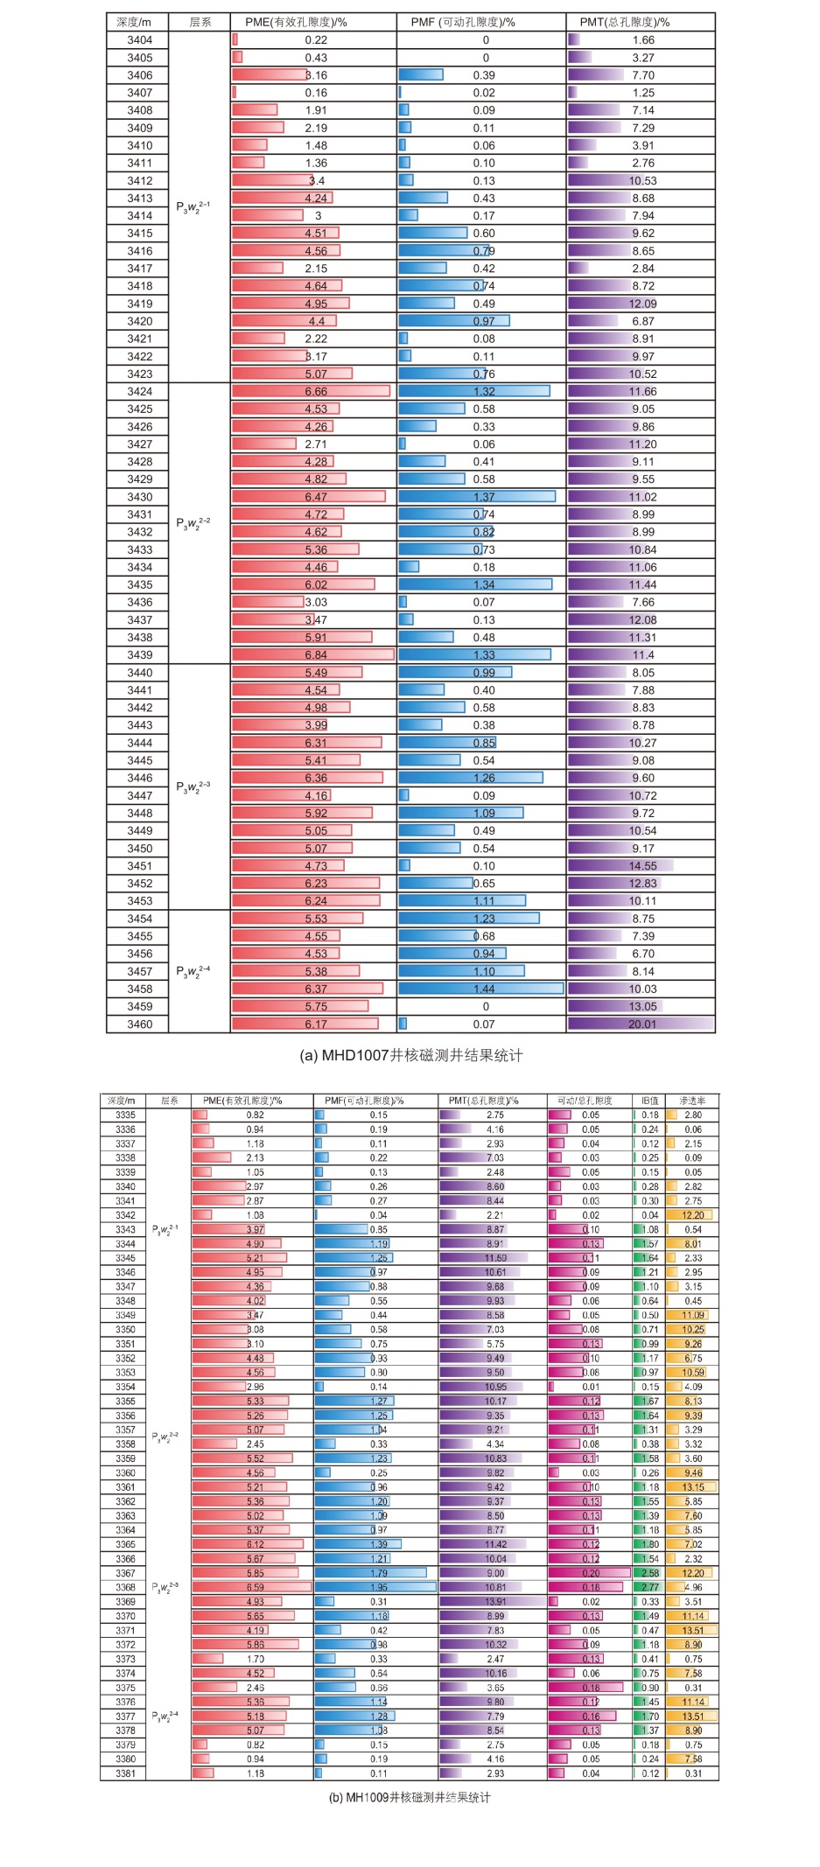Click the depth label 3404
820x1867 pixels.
click(x=139, y=40)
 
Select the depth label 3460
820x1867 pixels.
click(x=139, y=1024)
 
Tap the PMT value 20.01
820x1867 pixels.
click(x=641, y=1024)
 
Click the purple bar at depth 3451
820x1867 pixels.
click(x=620, y=866)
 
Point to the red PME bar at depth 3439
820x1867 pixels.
click(x=312, y=655)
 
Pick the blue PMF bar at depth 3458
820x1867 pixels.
click(x=480, y=989)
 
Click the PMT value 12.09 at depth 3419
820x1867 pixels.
click(x=642, y=304)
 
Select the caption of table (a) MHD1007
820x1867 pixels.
click(x=410, y=1055)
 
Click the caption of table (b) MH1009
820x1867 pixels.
click(x=410, y=1797)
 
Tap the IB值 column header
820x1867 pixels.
click(x=649, y=1101)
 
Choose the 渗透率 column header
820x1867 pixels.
click(x=691, y=1101)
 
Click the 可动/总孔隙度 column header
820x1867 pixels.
click(x=585, y=1101)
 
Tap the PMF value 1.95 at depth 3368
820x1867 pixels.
click(x=378, y=1587)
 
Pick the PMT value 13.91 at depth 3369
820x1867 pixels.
click(x=495, y=1601)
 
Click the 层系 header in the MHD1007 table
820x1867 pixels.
click(x=200, y=22)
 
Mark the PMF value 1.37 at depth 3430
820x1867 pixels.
click(x=484, y=497)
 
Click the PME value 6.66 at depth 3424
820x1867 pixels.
click(x=316, y=391)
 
